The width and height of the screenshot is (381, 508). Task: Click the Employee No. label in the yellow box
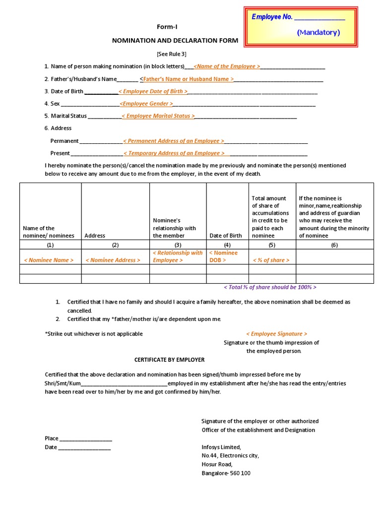[272, 17]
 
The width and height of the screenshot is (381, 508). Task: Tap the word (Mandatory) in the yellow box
[318, 32]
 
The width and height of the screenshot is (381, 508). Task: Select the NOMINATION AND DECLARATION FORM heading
[175, 41]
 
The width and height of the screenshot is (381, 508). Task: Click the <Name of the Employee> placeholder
[227, 66]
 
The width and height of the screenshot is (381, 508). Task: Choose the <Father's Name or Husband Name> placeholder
[188, 79]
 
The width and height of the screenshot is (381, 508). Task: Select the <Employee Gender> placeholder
[147, 104]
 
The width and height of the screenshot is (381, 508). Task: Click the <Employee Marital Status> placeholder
[158, 116]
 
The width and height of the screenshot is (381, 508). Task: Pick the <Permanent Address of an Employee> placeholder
[174, 141]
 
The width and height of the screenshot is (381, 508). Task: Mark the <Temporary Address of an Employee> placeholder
[174, 153]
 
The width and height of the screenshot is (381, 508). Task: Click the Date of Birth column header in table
[226, 236]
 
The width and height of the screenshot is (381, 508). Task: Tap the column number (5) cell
[272, 245]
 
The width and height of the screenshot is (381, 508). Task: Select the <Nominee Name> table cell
[49, 260]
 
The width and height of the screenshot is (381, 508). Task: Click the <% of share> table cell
[271, 260]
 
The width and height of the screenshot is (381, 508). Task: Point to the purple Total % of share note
[270, 287]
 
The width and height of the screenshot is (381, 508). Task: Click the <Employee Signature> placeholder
[276, 334]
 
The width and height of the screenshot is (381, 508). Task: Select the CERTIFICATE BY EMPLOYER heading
[169, 359]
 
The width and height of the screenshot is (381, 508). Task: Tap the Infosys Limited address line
[221, 446]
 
